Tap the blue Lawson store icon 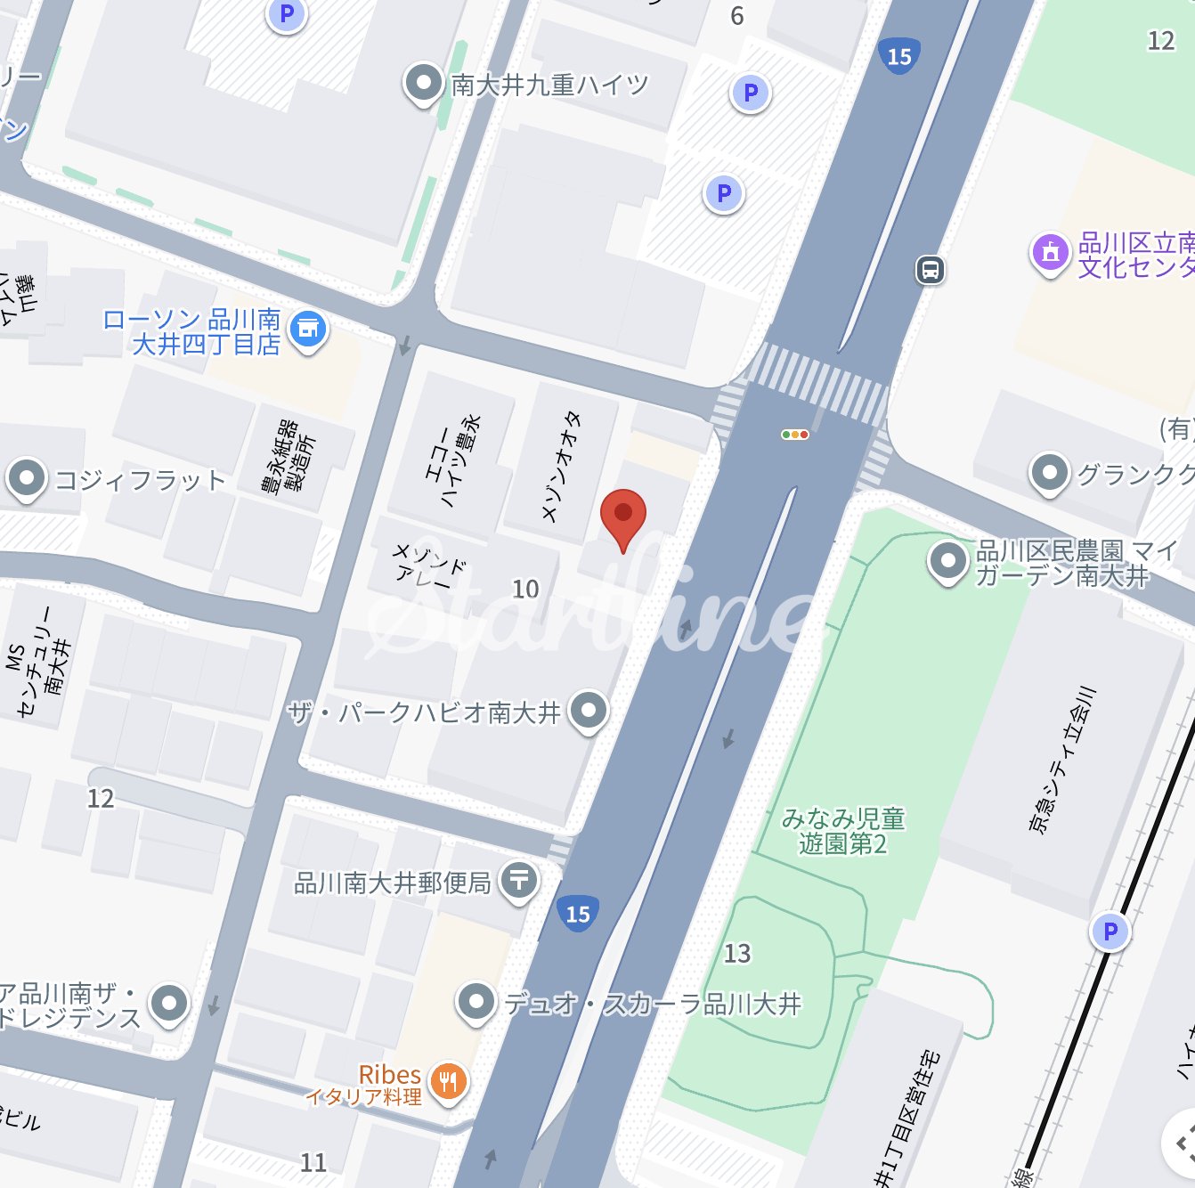(308, 330)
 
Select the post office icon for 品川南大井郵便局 (518, 881)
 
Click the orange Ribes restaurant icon (449, 1082)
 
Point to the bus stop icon (930, 269)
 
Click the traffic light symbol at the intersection (794, 435)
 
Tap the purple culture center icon (1050, 252)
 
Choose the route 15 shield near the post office (578, 914)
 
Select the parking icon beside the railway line (1110, 932)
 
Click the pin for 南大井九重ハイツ (423, 84)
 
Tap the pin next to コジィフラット (27, 479)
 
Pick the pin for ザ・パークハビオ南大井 (588, 711)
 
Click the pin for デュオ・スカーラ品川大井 (476, 1002)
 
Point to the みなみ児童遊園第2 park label (842, 831)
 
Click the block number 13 (737, 954)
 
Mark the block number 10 (525, 589)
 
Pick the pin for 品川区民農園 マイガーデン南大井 (947, 561)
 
